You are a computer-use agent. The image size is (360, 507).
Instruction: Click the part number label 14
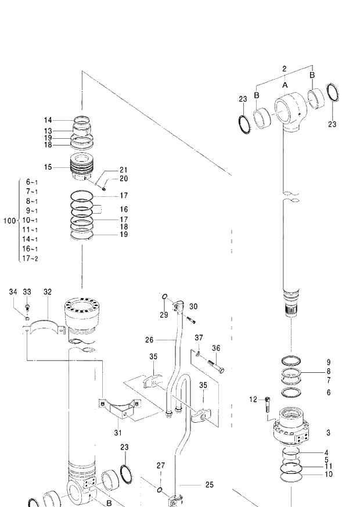pyautogui.click(x=48, y=120)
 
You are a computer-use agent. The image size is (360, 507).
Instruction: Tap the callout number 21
pyautogui.click(x=123, y=170)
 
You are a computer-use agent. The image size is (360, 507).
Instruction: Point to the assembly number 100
pyautogui.click(x=9, y=221)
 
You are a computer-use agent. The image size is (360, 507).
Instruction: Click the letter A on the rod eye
pyautogui.click(x=285, y=85)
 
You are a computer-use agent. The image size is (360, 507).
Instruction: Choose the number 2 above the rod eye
pyautogui.click(x=285, y=69)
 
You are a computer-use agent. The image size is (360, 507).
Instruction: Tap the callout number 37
pyautogui.click(x=199, y=337)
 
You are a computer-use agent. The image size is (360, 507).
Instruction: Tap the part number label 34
pyautogui.click(x=12, y=292)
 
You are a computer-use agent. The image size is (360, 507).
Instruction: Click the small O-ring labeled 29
pyautogui.click(x=165, y=299)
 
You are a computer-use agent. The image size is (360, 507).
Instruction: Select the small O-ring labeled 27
pyautogui.click(x=159, y=490)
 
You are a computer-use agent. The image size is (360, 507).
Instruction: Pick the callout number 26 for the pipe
pyautogui.click(x=149, y=340)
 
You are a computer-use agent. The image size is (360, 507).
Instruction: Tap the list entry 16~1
pyautogui.click(x=30, y=249)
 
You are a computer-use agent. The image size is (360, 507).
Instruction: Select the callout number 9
pyautogui.click(x=328, y=362)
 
